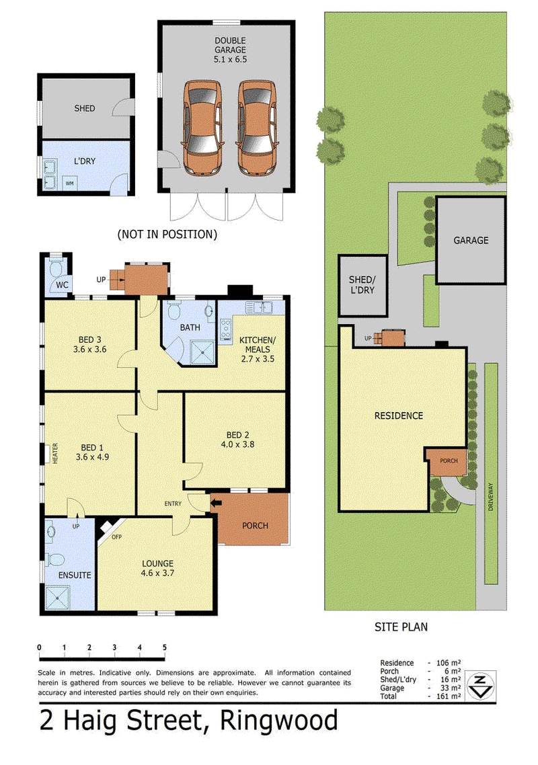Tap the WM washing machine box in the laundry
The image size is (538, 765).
(70, 184)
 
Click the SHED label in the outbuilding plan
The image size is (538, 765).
(85, 108)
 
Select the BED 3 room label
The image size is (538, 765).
(90, 340)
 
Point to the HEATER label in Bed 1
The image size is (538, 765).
(55, 453)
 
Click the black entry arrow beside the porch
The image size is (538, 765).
(216, 502)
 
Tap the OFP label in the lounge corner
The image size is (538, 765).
(116, 537)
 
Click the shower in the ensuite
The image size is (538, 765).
(57, 597)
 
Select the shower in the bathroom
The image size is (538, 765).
(202, 352)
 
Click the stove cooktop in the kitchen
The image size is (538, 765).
(225, 330)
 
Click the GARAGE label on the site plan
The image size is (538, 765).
(471, 240)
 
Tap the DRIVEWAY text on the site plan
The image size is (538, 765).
(491, 497)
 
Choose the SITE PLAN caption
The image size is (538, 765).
(401, 627)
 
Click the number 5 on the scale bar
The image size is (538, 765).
(165, 648)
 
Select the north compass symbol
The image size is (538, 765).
(480, 685)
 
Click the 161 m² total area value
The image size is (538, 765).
(449, 696)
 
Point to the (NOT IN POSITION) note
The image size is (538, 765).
(167, 234)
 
